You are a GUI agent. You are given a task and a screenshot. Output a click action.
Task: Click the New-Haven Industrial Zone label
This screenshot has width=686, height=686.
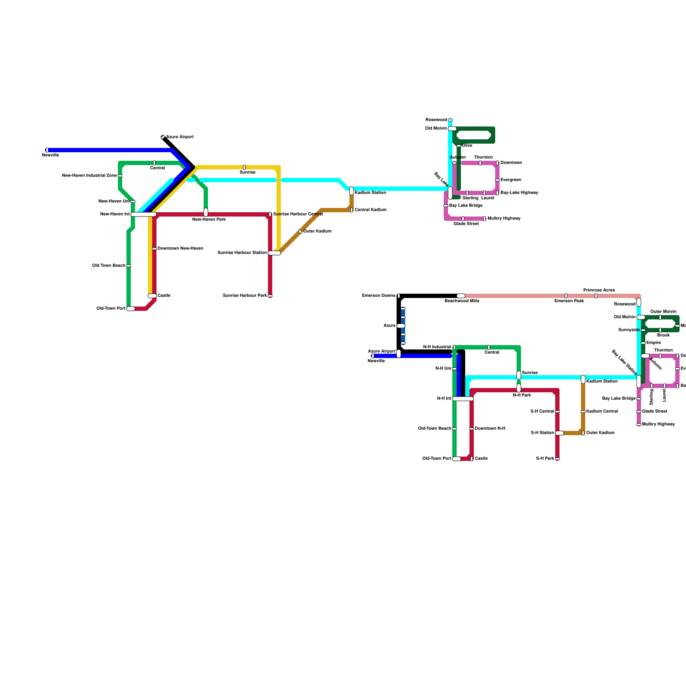(89, 176)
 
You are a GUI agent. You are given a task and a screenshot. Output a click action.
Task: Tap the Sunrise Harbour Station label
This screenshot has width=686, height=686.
(242, 253)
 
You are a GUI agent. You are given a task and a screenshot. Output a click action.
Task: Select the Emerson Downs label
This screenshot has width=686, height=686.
(379, 296)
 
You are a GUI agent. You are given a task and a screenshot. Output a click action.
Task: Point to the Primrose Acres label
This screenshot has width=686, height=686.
(599, 290)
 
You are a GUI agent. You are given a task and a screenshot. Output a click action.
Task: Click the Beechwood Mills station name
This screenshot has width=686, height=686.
(462, 301)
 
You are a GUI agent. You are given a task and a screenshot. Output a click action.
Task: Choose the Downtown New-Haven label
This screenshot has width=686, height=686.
(180, 249)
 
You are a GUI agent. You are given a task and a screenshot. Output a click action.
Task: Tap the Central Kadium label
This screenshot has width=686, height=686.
(370, 210)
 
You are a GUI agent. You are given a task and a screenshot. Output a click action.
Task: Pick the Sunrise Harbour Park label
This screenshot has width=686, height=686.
(245, 296)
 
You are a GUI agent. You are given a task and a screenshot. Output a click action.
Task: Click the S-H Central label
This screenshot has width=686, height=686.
(542, 412)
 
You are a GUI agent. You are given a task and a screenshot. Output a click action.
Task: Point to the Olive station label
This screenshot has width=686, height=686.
(467, 146)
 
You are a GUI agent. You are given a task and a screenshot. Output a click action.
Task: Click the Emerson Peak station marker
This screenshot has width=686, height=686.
(566, 296)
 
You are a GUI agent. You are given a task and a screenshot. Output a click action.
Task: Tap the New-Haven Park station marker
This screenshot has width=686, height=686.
(206, 212)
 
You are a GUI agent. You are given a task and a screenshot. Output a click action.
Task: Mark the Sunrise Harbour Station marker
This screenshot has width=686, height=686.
(274, 253)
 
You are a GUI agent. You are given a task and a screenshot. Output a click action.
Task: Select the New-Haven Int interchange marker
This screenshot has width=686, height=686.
(144, 214)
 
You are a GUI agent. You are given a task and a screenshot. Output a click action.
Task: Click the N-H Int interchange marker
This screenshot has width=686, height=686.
(463, 399)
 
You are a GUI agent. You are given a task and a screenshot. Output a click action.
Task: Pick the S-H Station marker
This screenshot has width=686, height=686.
(559, 433)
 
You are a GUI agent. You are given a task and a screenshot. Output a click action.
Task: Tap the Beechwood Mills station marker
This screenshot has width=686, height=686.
(460, 296)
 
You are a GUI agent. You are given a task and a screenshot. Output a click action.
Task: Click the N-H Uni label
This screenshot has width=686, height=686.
(443, 369)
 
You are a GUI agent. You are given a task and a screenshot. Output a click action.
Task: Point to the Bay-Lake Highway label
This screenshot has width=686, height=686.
(519, 193)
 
